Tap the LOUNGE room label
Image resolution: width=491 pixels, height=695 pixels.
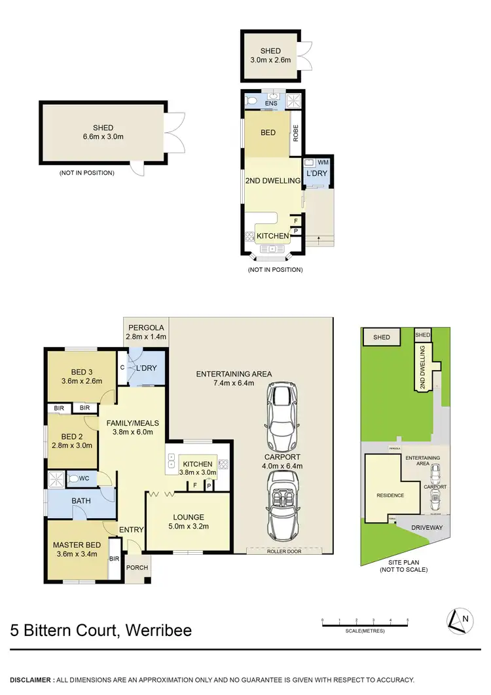click(189, 517)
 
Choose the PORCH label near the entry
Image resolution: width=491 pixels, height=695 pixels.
click(137, 568)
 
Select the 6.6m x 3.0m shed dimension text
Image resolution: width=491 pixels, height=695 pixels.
click(103, 137)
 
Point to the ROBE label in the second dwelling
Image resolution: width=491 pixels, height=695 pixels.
click(296, 134)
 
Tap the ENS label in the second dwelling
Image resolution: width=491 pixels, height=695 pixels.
click(272, 103)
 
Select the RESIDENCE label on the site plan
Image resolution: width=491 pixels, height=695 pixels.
click(390, 496)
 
